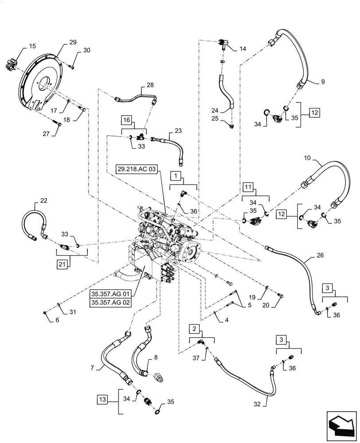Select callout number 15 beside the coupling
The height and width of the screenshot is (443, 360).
pyautogui.click(x=33, y=46)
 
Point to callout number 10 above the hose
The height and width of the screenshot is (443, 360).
pyautogui.click(x=307, y=158)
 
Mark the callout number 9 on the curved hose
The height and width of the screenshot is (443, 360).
pyautogui.click(x=323, y=82)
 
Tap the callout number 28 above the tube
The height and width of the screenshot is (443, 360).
pyautogui.click(x=150, y=85)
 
